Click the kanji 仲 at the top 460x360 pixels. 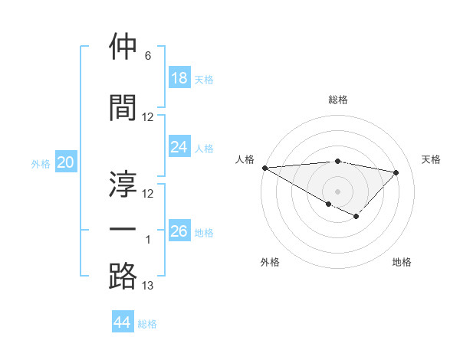point(123,47)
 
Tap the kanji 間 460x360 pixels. point(123,106)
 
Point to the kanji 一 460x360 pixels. point(123,229)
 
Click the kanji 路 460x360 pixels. point(123,276)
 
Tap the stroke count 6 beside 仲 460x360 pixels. point(147,56)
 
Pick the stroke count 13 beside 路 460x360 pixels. point(148,286)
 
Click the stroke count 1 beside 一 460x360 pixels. point(148,240)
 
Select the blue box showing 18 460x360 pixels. point(179,78)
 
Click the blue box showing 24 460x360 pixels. point(179,147)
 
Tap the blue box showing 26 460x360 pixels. point(179,231)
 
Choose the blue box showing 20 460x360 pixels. point(66,162)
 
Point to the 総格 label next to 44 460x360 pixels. point(147,324)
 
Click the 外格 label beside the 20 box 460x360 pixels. point(40,164)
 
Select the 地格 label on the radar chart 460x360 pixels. point(402,262)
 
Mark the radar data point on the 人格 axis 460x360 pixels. point(264,168)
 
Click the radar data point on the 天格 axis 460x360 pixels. point(396,172)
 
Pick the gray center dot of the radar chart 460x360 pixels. point(337,190)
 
